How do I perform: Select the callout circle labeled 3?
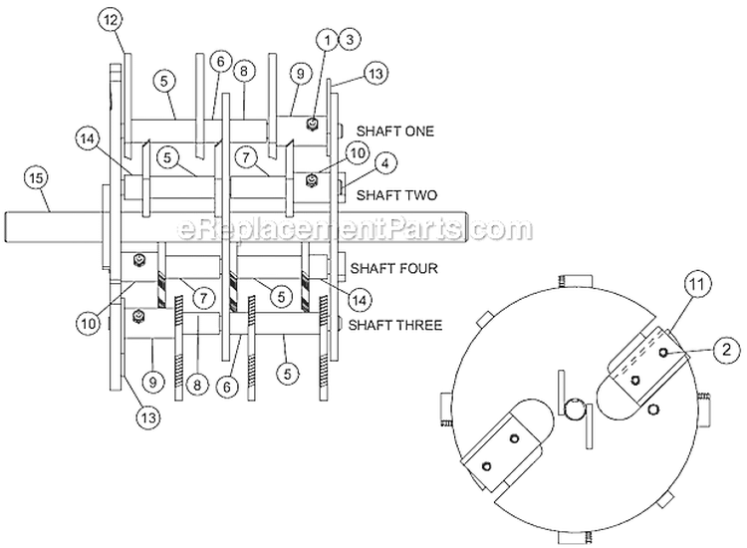click(348, 39)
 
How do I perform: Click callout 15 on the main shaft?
click(36, 178)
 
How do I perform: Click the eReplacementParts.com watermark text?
click(340, 231)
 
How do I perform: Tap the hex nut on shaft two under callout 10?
click(313, 178)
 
